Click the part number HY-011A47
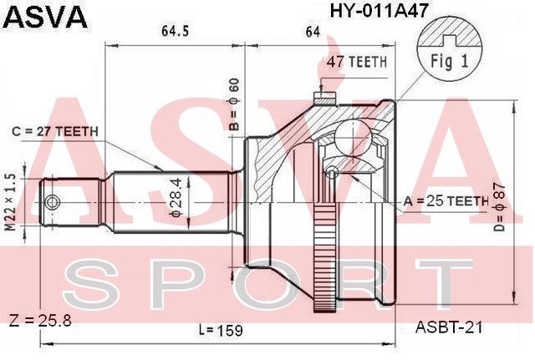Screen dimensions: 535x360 click(378, 10)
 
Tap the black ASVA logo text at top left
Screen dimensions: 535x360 click(45, 17)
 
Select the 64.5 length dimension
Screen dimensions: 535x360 click(175, 32)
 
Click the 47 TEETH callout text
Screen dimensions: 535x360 click(357, 62)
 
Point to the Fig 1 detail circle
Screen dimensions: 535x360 click(450, 50)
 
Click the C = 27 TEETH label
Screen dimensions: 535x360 click(55, 131)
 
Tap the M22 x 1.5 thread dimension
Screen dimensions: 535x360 click(11, 201)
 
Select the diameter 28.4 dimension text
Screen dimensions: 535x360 click(178, 197)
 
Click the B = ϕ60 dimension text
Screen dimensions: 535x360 click(235, 104)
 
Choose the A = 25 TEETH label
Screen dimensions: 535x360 click(446, 201)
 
